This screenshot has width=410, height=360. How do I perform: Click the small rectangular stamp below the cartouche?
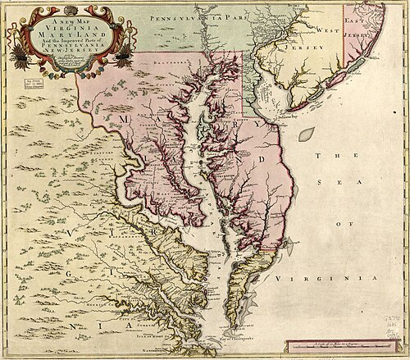click(x=35, y=84)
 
